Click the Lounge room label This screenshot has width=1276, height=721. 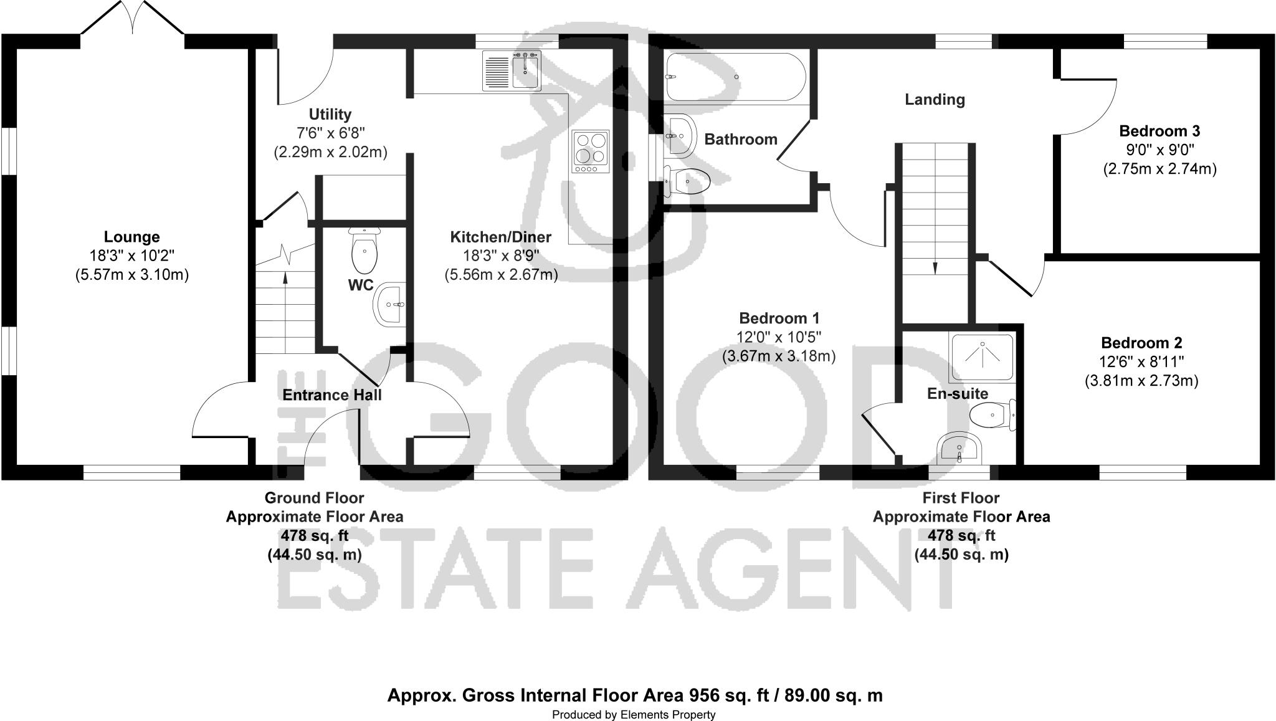click(x=131, y=237)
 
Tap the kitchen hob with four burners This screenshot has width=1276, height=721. click(x=591, y=152)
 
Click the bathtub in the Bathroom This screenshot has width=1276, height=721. click(x=735, y=77)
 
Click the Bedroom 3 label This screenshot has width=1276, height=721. click(x=1159, y=131)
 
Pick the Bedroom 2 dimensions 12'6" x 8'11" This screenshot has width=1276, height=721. click(x=1141, y=361)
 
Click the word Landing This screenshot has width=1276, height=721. click(x=935, y=100)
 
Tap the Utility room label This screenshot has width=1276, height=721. click(x=330, y=115)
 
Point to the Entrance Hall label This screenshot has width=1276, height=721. click(x=331, y=395)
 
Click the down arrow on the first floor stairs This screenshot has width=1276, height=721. click(x=935, y=267)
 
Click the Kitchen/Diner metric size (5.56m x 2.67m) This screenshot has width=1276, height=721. click(x=501, y=274)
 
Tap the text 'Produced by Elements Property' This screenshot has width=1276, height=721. click(x=634, y=715)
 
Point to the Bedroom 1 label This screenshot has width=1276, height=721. click(x=778, y=318)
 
